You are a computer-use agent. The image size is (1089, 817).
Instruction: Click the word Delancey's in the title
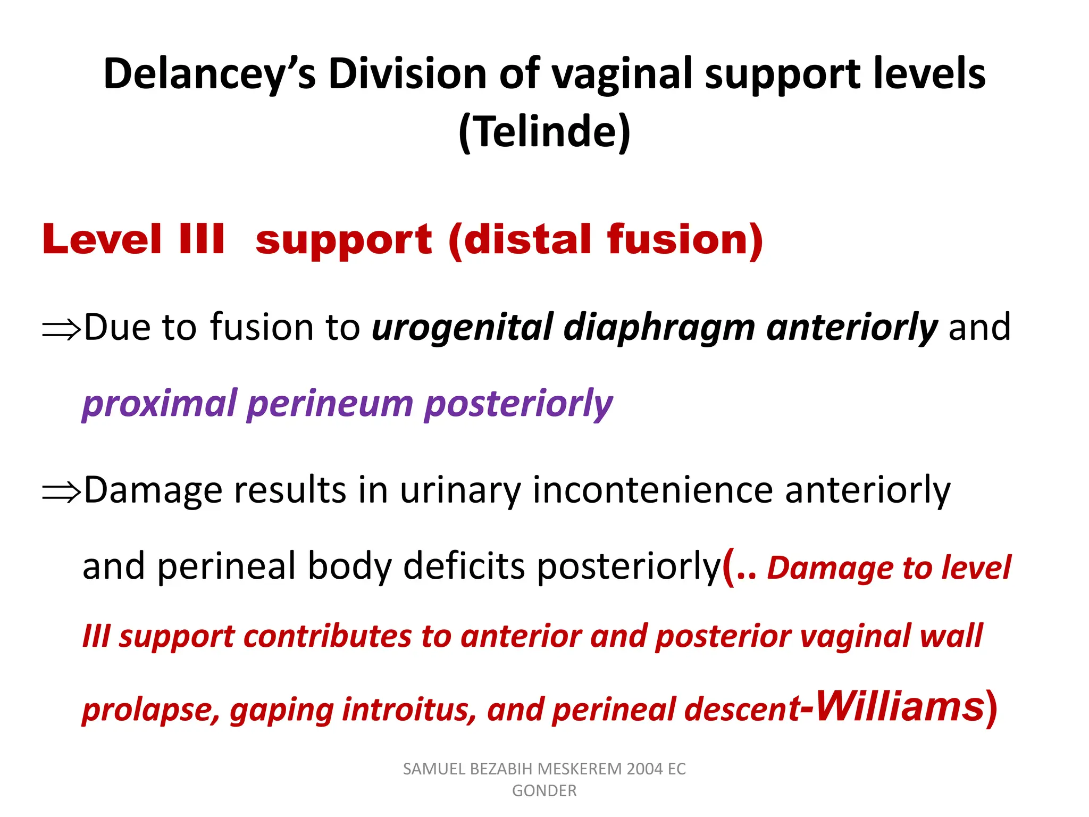tap(210, 74)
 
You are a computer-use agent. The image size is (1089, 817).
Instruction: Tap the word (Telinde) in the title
tap(544, 132)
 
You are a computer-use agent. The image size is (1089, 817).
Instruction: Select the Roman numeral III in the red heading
tap(202, 239)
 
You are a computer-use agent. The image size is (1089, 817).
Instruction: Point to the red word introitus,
tap(409, 710)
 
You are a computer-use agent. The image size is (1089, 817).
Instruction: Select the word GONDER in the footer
tap(544, 791)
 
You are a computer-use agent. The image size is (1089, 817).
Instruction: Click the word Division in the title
tap(407, 74)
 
